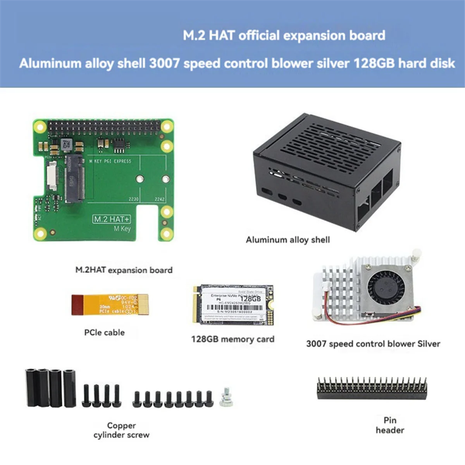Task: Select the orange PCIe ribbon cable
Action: coord(110,305)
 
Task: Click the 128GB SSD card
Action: coord(232,305)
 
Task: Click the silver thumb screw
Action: coord(226,398)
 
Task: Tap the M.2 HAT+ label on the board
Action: coord(112,219)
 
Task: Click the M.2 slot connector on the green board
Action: coord(74,178)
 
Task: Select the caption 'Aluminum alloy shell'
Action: coord(288,240)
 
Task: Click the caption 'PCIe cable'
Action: coord(104,332)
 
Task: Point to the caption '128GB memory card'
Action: coord(232,339)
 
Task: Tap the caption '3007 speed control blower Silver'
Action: coord(373,344)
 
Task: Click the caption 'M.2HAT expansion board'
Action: coord(124,270)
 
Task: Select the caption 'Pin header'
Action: coord(390,425)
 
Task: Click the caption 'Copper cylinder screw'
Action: coord(121,430)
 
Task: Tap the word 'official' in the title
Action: coord(259,36)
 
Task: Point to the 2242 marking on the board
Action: coord(160,199)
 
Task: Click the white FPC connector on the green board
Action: coord(51,176)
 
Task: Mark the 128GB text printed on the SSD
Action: coord(250,299)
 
